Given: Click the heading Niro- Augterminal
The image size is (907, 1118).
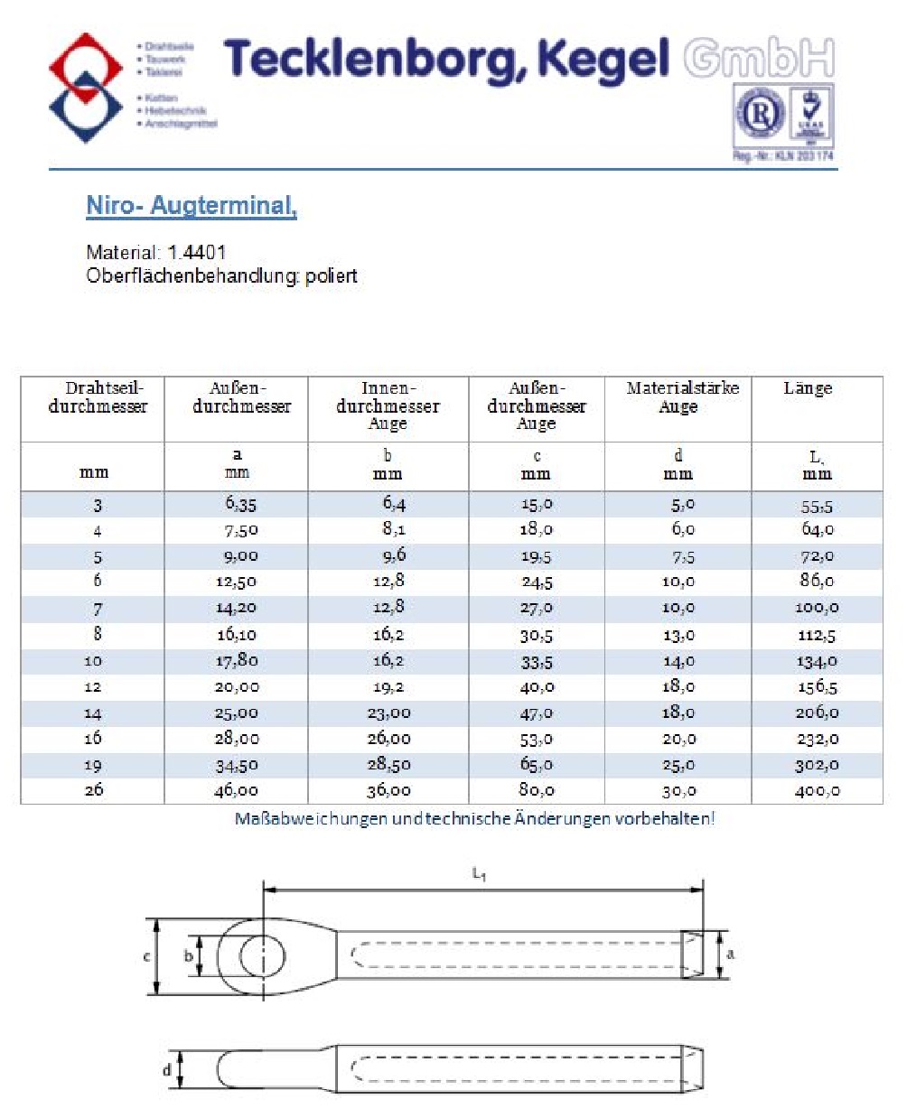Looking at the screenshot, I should point(192,206).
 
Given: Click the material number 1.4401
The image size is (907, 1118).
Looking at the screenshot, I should point(197,253).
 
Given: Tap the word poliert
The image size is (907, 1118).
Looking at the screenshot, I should point(332,276).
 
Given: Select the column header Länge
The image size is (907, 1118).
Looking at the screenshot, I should point(808,388).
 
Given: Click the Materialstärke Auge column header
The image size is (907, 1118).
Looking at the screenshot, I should point(682,396).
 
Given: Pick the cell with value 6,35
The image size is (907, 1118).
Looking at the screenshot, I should point(241,504).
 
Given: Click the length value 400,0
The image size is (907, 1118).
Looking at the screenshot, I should point(817,790).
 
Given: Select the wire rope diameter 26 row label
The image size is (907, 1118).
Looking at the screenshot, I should point(94,790).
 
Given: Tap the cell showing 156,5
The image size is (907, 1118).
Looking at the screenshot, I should point(817,687).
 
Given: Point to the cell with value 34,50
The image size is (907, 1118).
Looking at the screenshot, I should point(237,765).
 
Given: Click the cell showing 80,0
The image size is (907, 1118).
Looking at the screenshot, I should point(537,790).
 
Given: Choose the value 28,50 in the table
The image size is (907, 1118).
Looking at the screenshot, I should point(388,765).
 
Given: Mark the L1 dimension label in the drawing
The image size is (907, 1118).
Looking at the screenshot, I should point(480,874).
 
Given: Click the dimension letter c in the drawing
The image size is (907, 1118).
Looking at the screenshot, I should point(147,955).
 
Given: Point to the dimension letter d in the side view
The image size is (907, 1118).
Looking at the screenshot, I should point(167,1070).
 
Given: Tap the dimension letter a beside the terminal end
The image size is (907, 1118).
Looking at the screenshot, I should point(731,954).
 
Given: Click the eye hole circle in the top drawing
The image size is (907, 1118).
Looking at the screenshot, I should point(262,956).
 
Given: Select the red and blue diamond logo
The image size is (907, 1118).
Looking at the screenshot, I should point(86,88).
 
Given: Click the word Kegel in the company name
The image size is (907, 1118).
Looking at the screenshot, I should point(603,60).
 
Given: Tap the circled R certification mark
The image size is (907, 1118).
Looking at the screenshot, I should point(761,115).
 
